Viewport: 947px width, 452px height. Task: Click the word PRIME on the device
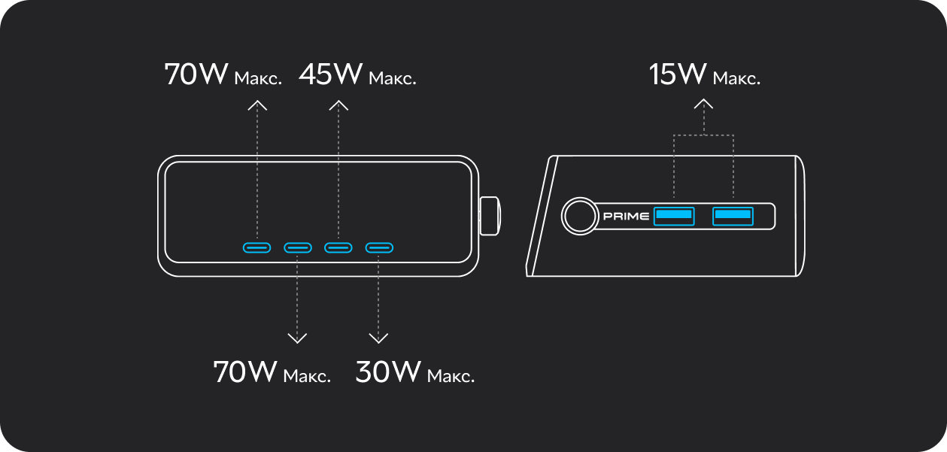coord(626,217)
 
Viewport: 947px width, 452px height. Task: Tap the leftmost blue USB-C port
coord(256,247)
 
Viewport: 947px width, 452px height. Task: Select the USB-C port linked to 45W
coord(338,247)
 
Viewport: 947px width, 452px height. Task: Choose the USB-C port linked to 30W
coord(379,247)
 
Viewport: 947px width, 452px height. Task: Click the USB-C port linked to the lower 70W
coord(298,247)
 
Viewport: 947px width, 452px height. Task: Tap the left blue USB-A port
coord(674,217)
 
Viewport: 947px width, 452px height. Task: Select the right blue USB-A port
coord(733,217)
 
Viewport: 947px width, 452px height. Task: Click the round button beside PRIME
coord(580,216)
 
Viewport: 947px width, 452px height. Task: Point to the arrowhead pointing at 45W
coord(338,105)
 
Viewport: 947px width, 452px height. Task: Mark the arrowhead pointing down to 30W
coord(378,338)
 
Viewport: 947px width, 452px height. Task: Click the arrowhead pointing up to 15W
coord(703,104)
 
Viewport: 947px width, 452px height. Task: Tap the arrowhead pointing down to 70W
coord(297,338)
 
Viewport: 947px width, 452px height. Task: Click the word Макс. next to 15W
coord(736,79)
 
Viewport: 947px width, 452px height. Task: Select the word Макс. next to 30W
coord(451,376)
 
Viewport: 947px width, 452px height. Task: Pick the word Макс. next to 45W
coord(393,79)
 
